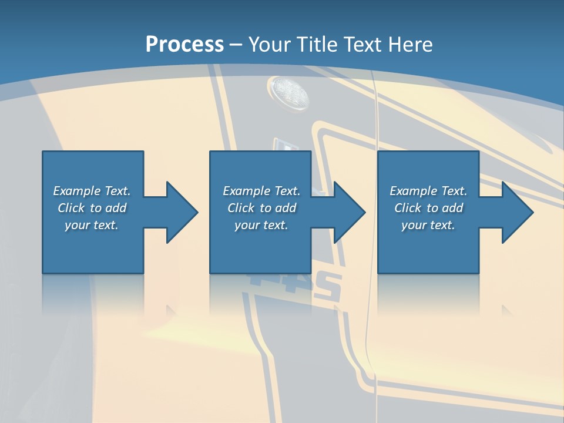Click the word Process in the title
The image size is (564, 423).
tap(184, 44)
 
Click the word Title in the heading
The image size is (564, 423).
tap(318, 44)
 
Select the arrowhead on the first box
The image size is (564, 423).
tap(180, 212)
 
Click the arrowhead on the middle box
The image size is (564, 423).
tap(348, 212)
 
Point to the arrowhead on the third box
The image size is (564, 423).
tap(516, 212)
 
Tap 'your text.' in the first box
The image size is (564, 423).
tap(92, 225)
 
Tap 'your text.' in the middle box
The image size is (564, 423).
tap(261, 225)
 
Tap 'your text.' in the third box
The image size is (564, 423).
tap(428, 225)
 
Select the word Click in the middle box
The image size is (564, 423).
tap(240, 208)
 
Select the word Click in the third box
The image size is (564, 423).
tap(407, 208)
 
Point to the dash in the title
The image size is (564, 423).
tap(236, 45)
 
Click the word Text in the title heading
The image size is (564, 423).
tap(362, 44)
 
